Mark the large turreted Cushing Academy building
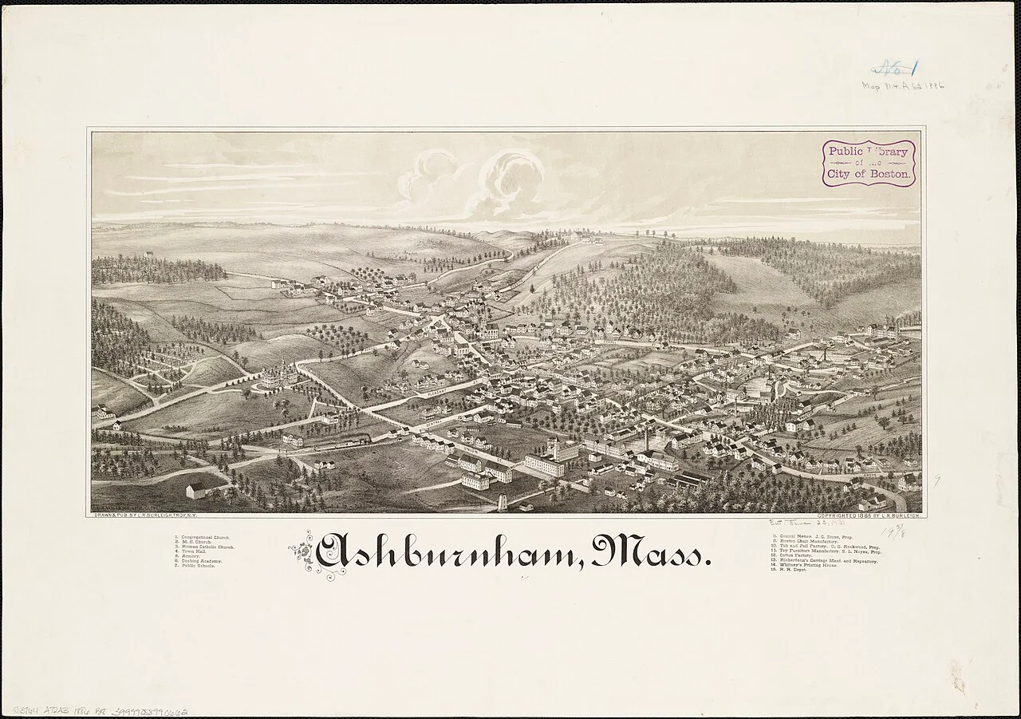tap(278, 373)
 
